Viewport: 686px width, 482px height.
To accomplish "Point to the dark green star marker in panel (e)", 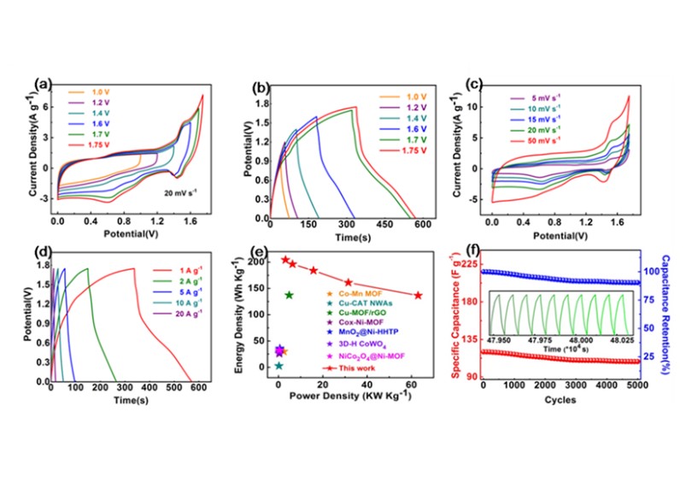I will point(290,295).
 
